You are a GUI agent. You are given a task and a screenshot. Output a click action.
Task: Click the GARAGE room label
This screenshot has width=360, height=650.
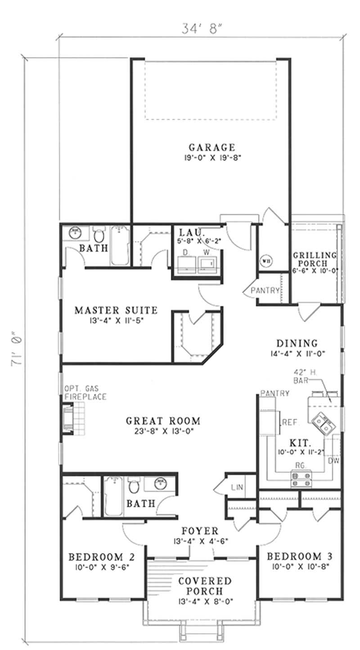click(211, 147)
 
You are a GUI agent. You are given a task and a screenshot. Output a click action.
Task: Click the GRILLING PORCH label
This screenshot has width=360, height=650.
click(315, 259)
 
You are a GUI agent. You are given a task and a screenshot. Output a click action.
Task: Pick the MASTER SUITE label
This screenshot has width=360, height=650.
click(116, 310)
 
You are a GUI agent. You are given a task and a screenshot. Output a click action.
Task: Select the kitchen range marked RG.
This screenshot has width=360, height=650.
click(301, 478)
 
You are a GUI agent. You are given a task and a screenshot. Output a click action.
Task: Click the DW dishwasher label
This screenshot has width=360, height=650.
click(333, 461)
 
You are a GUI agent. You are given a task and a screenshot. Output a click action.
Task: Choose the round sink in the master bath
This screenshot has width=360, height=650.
click(73, 233)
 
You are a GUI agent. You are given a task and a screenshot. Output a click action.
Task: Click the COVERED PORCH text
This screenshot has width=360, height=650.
click(205, 586)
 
